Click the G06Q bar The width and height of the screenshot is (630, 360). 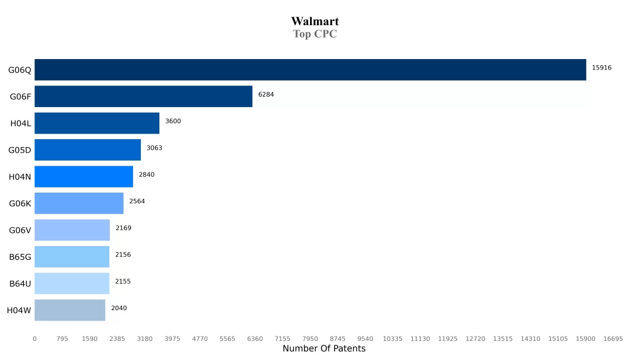pos(310,70)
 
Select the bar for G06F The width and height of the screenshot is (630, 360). pos(143,97)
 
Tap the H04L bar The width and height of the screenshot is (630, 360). pos(97,123)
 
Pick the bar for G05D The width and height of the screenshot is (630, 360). pos(87,150)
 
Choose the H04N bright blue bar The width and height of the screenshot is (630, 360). pos(84,177)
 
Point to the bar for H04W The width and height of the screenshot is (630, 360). pos(70,310)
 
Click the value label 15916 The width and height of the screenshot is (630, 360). pos(601,68)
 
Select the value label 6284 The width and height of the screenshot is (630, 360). pos(266,95)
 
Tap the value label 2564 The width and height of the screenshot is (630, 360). pos(137,201)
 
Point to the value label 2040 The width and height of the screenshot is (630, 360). pos(119,308)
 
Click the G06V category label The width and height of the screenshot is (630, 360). pos(20,230)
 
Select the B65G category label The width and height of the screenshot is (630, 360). pos(20,257)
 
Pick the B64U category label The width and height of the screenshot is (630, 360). pos(20,284)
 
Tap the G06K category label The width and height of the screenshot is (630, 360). pos(20,204)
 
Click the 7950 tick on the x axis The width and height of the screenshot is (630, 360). pos(310,338)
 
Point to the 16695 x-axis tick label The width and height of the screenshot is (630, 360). pos(613,338)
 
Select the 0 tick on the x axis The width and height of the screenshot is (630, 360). pos(34,338)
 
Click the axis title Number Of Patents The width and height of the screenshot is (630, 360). pos(324,349)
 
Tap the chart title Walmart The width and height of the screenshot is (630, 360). pos(315,22)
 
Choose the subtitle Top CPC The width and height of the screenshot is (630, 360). pos(315,34)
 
